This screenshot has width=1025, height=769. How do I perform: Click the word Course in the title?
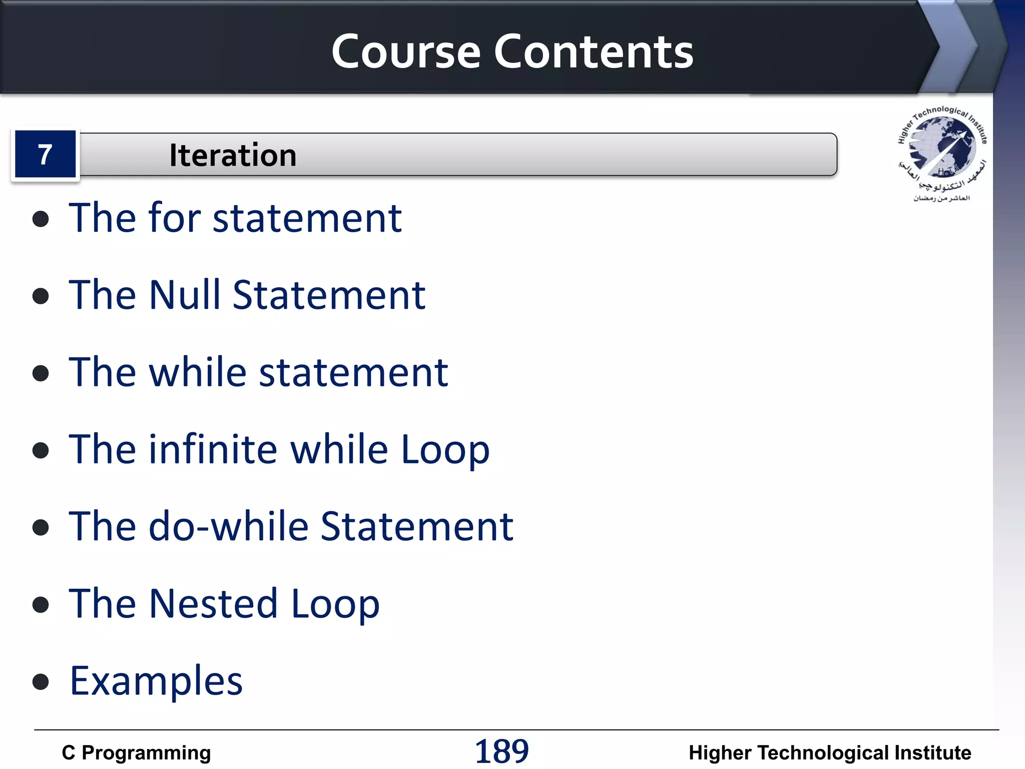coord(406,52)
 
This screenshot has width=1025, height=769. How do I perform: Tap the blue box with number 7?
coord(45,154)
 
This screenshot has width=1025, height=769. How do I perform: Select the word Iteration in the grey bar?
coord(233,155)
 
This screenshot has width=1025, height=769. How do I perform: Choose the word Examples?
coord(156,681)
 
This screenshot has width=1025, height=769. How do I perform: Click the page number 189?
coord(501,751)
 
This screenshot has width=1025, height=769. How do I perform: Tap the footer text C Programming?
coord(136,752)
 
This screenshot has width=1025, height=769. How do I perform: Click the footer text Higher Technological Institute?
coord(829,752)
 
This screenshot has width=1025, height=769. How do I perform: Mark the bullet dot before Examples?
coord(41,681)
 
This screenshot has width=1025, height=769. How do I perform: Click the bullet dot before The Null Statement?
coord(41,296)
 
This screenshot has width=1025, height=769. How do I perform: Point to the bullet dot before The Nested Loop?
coord(41,604)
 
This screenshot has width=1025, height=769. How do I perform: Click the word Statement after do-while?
coord(416,526)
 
